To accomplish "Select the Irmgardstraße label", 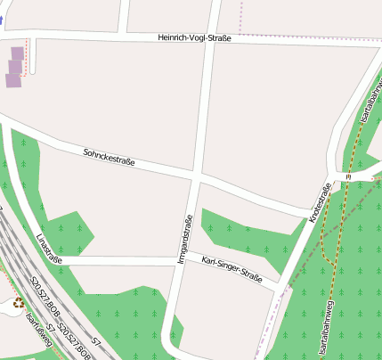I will click(186, 240).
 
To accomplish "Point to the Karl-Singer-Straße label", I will click(232, 269).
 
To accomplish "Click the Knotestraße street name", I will click(319, 204).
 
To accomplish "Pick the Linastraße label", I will click(49, 250).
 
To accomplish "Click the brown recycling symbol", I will click(18, 303).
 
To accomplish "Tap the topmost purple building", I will click(18, 53).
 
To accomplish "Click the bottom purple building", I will click(12, 81).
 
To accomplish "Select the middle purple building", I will click(15, 67).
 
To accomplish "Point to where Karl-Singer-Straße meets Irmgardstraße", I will click(181, 260).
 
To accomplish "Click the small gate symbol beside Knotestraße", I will click(348, 177).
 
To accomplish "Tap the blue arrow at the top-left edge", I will click(2, 18).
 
